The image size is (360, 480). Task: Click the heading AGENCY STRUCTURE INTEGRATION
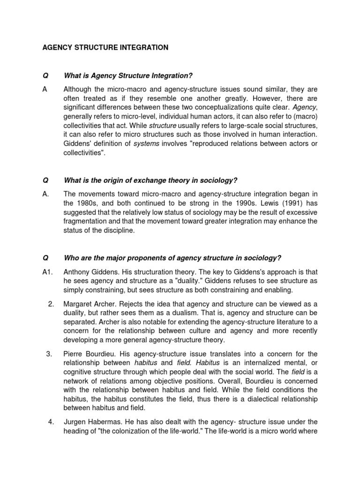pos(105,47)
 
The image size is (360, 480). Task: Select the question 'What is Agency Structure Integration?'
pos(128,76)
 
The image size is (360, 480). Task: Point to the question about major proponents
pos(172,258)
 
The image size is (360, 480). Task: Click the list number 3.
pos(49,353)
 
